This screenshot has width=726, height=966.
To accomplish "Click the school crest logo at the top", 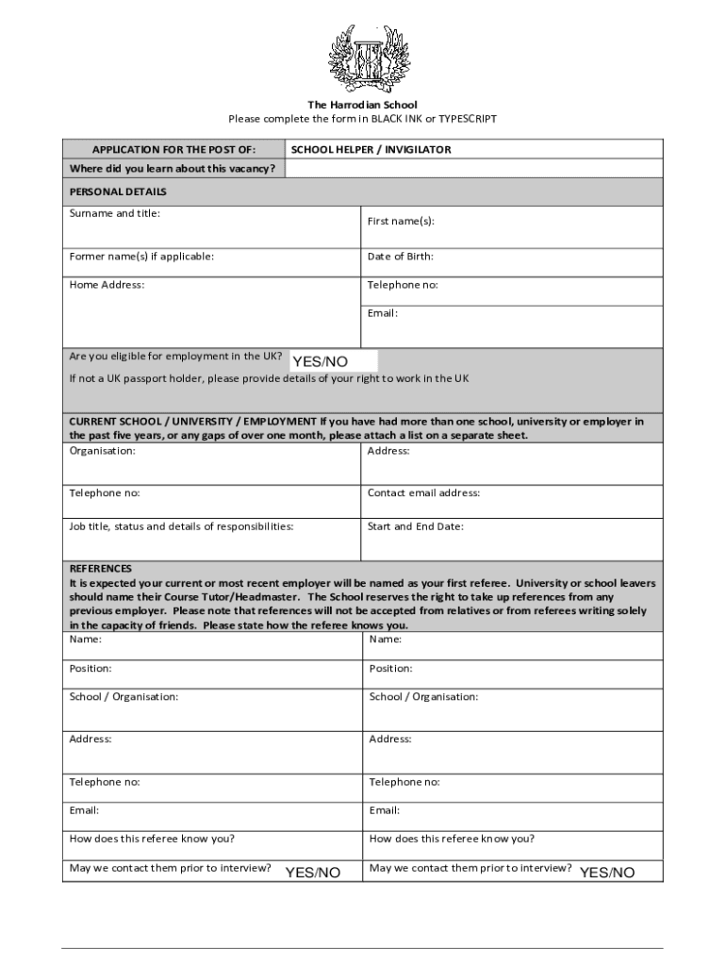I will tap(363, 58).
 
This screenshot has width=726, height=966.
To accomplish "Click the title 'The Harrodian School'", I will tap(362, 105).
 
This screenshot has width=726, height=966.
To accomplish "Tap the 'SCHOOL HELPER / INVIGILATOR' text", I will tap(371, 150).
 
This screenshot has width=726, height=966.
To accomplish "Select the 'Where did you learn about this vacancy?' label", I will tap(173, 169).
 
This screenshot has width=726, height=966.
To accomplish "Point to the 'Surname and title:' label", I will tap(115, 213).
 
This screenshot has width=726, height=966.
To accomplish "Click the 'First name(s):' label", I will tap(401, 222).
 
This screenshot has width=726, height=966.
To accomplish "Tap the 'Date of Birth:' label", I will tap(401, 257).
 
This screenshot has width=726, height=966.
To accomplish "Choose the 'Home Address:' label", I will tap(107, 285).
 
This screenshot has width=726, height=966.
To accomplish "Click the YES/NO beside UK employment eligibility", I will tap(321, 361).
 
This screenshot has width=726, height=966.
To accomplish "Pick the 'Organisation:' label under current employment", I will tap(102, 451).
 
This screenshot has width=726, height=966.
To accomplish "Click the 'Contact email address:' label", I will tap(423, 493).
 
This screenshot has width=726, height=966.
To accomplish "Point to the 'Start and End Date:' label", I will tap(416, 527).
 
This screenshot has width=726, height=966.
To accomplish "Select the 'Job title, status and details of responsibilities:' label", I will tap(181, 527).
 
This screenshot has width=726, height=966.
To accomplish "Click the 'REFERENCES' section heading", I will tap(101, 569).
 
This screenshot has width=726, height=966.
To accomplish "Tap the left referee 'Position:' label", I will tap(91, 669).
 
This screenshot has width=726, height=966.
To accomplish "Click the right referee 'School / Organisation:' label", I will tap(423, 697).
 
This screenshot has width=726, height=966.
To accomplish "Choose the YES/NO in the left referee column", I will tap(313, 873).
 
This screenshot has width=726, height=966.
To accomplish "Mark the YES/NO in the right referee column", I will tap(607, 873).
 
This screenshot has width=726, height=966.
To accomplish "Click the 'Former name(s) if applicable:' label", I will tap(141, 257).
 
